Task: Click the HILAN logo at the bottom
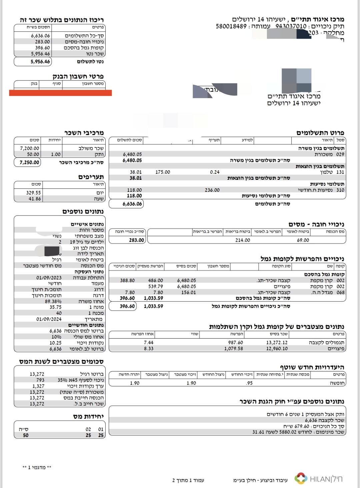[318, 479]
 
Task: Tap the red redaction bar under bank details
[60, 93]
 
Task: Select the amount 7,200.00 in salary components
[30, 148]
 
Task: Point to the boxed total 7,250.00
[30, 162]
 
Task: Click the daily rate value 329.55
[34, 192]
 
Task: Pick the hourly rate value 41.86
[35, 198]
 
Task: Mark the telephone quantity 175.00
[163, 172]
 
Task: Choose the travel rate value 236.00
[212, 190]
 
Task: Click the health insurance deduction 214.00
[243, 240]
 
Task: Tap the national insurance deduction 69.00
[303, 240]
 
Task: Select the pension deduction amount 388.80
[127, 281]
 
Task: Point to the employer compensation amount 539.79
[156, 287]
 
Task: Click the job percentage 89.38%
[53, 301]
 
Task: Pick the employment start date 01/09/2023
[49, 278]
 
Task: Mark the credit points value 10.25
[56, 343]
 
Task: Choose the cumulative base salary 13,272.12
[277, 343]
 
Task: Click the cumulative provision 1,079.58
[234, 349]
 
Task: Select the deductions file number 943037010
[291, 26]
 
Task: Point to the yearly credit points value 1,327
[38, 386]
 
